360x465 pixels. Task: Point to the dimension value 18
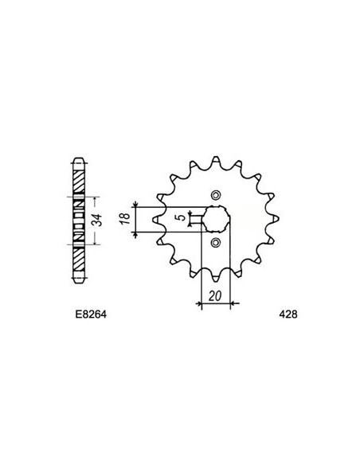pyautogui.click(x=125, y=219)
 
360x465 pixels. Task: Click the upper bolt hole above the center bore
pyautogui.click(x=216, y=193)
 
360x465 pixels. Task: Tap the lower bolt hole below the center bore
pyautogui.click(x=216, y=242)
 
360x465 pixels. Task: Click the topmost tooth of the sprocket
pyautogui.click(x=216, y=153)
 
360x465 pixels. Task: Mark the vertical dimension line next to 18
pyautogui.click(x=138, y=219)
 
